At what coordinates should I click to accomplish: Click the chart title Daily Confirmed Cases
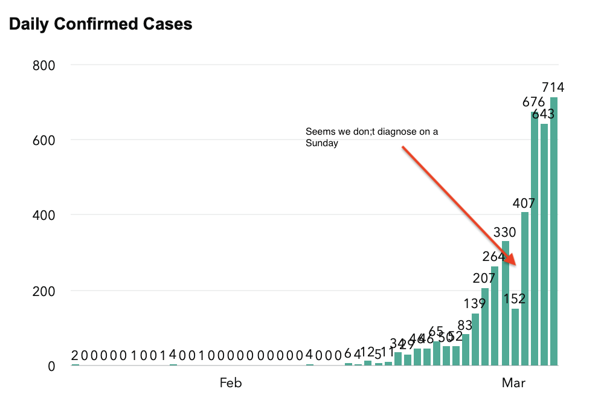[x=100, y=24]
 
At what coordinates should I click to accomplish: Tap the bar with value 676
[x=535, y=239]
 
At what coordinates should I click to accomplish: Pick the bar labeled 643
[x=544, y=245]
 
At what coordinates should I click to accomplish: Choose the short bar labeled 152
[x=515, y=337]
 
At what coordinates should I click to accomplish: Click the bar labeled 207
[x=485, y=327]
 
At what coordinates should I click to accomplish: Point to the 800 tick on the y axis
[x=43, y=65]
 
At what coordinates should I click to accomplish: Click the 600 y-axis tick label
[x=43, y=140]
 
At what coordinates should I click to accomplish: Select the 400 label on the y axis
[x=43, y=215]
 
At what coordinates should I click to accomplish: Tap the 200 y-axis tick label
[x=43, y=291]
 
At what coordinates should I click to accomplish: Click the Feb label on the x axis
[x=231, y=383]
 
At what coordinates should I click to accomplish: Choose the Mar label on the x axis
[x=513, y=383]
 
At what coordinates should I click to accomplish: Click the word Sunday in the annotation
[x=322, y=144]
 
